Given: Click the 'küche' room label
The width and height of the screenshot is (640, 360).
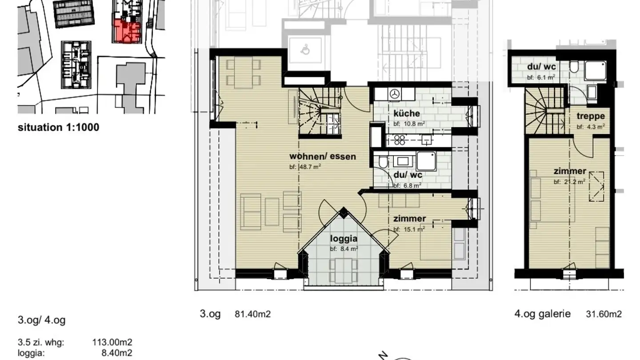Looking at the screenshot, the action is click(407, 113).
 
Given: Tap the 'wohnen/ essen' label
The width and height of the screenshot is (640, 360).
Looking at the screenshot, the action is click(323, 156).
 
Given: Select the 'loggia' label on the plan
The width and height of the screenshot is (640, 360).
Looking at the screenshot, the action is click(344, 239).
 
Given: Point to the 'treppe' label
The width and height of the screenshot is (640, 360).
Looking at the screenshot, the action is click(591, 116).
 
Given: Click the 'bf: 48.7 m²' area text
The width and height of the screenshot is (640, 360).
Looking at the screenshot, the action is click(305, 167).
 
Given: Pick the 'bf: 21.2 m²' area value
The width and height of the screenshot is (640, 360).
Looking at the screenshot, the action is click(569, 182).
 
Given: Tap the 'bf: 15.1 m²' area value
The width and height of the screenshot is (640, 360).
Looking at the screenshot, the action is click(409, 229).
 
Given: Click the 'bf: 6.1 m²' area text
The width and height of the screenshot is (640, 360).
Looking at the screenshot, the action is click(541, 77).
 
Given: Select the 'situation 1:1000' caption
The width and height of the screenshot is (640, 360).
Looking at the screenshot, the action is click(59, 127).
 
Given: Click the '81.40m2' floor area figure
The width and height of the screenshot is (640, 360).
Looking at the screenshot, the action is click(252, 314).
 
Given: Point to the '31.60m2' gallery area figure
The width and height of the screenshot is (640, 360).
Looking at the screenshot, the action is click(604, 314).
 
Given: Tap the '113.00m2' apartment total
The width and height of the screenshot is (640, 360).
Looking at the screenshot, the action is click(112, 342).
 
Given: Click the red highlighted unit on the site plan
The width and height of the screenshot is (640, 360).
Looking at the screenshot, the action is click(127, 32).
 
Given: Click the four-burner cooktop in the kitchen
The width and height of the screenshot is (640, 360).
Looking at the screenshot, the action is click(400, 140).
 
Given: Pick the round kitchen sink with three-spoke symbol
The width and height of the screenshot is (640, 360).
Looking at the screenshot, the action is click(395, 94).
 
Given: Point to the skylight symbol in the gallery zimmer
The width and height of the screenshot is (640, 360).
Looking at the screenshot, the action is click(596, 186).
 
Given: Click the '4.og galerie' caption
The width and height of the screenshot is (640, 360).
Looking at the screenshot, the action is click(543, 314).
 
